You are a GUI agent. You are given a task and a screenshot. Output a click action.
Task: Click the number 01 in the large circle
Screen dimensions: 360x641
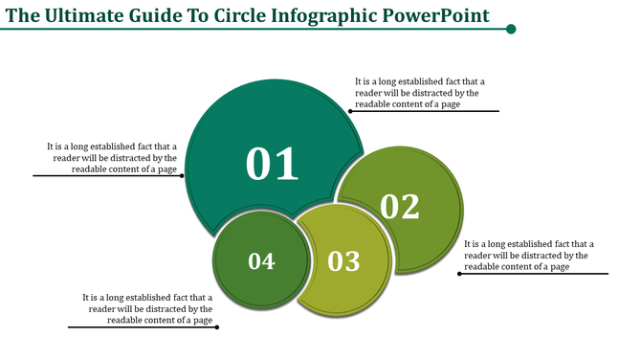tap(273, 164)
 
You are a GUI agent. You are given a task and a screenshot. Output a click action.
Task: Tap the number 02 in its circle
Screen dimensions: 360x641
tap(400, 206)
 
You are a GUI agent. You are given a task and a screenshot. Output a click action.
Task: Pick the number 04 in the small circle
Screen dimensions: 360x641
tap(261, 260)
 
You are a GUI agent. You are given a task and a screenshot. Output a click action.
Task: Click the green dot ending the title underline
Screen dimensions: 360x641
tap(511, 29)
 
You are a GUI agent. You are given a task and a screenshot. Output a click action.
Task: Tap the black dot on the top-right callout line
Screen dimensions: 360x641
tap(350, 111)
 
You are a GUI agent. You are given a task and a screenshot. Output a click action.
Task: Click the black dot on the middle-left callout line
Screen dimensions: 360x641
tap(184, 176)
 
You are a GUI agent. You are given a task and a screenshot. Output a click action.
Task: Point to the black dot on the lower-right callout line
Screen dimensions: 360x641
tap(458, 274)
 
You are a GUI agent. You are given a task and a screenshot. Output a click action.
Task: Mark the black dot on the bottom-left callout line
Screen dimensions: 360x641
tap(218, 327)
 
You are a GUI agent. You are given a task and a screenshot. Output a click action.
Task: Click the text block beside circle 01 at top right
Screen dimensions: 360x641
tap(416, 93)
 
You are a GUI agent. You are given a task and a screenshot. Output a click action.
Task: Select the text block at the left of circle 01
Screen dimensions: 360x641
tap(112, 158)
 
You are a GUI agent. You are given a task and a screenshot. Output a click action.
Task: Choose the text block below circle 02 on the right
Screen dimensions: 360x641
tap(528, 256)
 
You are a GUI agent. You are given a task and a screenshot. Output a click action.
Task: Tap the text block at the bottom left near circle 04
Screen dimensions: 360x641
tap(147, 308)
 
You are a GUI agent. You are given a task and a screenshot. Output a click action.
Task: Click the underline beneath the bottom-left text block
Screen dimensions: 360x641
tap(143, 327)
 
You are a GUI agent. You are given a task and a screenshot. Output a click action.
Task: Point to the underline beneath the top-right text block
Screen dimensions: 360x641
tap(425, 111)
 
